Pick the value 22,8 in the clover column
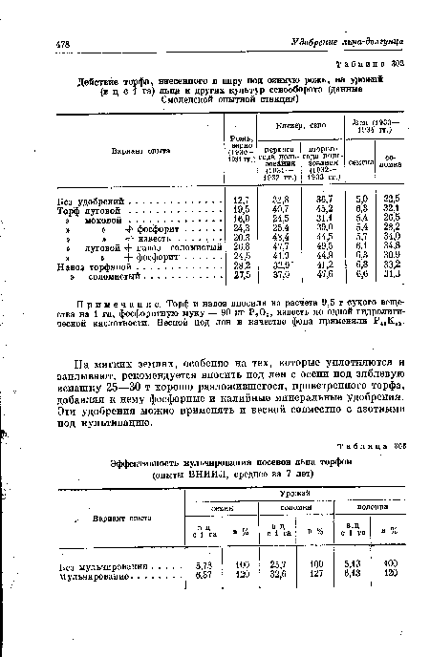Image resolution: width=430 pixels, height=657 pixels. [x=281, y=199]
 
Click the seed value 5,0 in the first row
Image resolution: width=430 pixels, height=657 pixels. [x=361, y=199]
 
